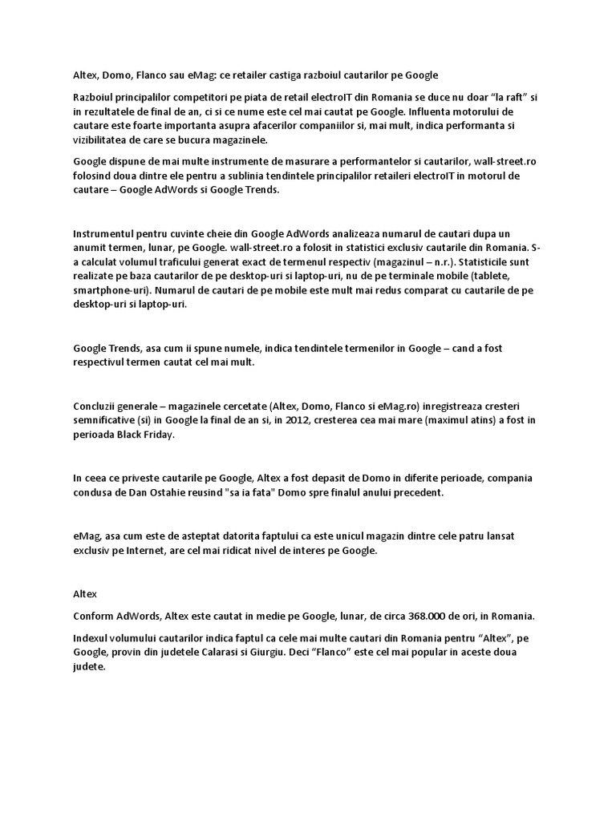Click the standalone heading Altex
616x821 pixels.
pos(84,595)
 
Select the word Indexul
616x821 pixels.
pos(91,637)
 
